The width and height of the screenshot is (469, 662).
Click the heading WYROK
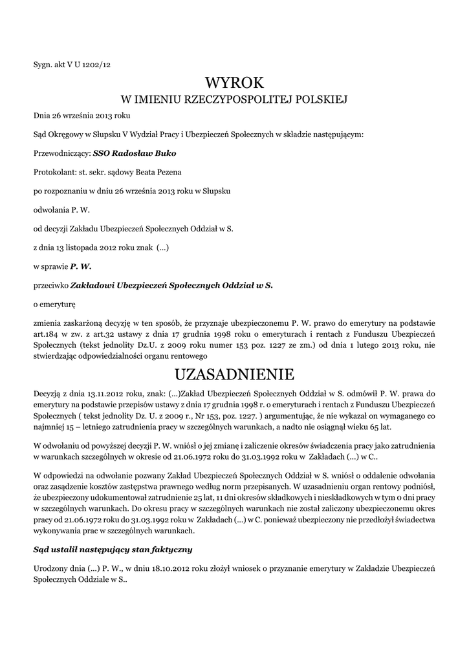point(234,83)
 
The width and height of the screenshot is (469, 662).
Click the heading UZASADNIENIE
point(234,374)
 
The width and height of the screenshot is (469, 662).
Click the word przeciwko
point(50,284)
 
